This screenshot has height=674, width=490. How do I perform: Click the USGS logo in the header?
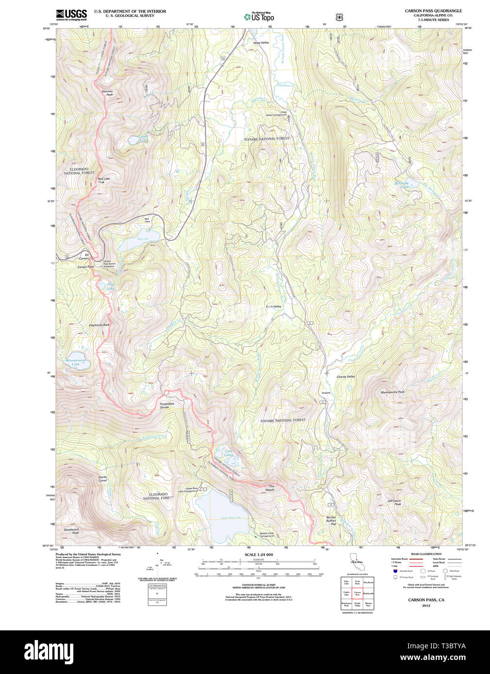click(x=71, y=15)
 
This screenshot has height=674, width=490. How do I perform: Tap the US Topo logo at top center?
click(x=259, y=16)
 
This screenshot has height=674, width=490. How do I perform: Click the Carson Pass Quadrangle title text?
click(x=433, y=11)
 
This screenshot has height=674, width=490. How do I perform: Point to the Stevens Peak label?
click(x=107, y=93)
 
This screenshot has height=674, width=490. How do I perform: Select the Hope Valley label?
click(x=261, y=43)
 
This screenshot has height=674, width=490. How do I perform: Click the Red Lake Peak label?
click(x=103, y=180)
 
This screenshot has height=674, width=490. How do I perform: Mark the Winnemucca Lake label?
click(x=76, y=362)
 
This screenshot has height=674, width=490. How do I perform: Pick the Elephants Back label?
click(x=99, y=325)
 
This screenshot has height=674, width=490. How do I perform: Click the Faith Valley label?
click(x=273, y=307)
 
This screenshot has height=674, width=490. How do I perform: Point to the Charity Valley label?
click(x=345, y=377)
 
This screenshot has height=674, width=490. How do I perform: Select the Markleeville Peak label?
click(x=392, y=392)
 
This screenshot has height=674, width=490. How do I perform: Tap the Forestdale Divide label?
click(x=167, y=405)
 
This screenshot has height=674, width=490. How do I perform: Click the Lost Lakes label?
click(x=228, y=453)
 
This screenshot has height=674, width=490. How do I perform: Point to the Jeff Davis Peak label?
click(x=394, y=502)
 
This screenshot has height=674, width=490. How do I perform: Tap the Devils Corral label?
click(x=102, y=479)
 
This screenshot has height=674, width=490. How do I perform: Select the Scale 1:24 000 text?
click(x=258, y=555)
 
